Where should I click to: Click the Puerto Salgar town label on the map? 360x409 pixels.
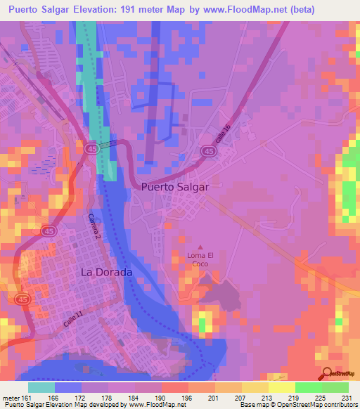tap(175, 187)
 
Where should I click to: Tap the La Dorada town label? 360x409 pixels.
tap(106, 271)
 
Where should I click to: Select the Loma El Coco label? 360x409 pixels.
tap(200, 259)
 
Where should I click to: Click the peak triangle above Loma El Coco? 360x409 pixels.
tap(200, 247)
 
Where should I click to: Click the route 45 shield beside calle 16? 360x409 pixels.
tap(208, 151)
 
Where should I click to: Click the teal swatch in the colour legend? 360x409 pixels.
tap(41, 387)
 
